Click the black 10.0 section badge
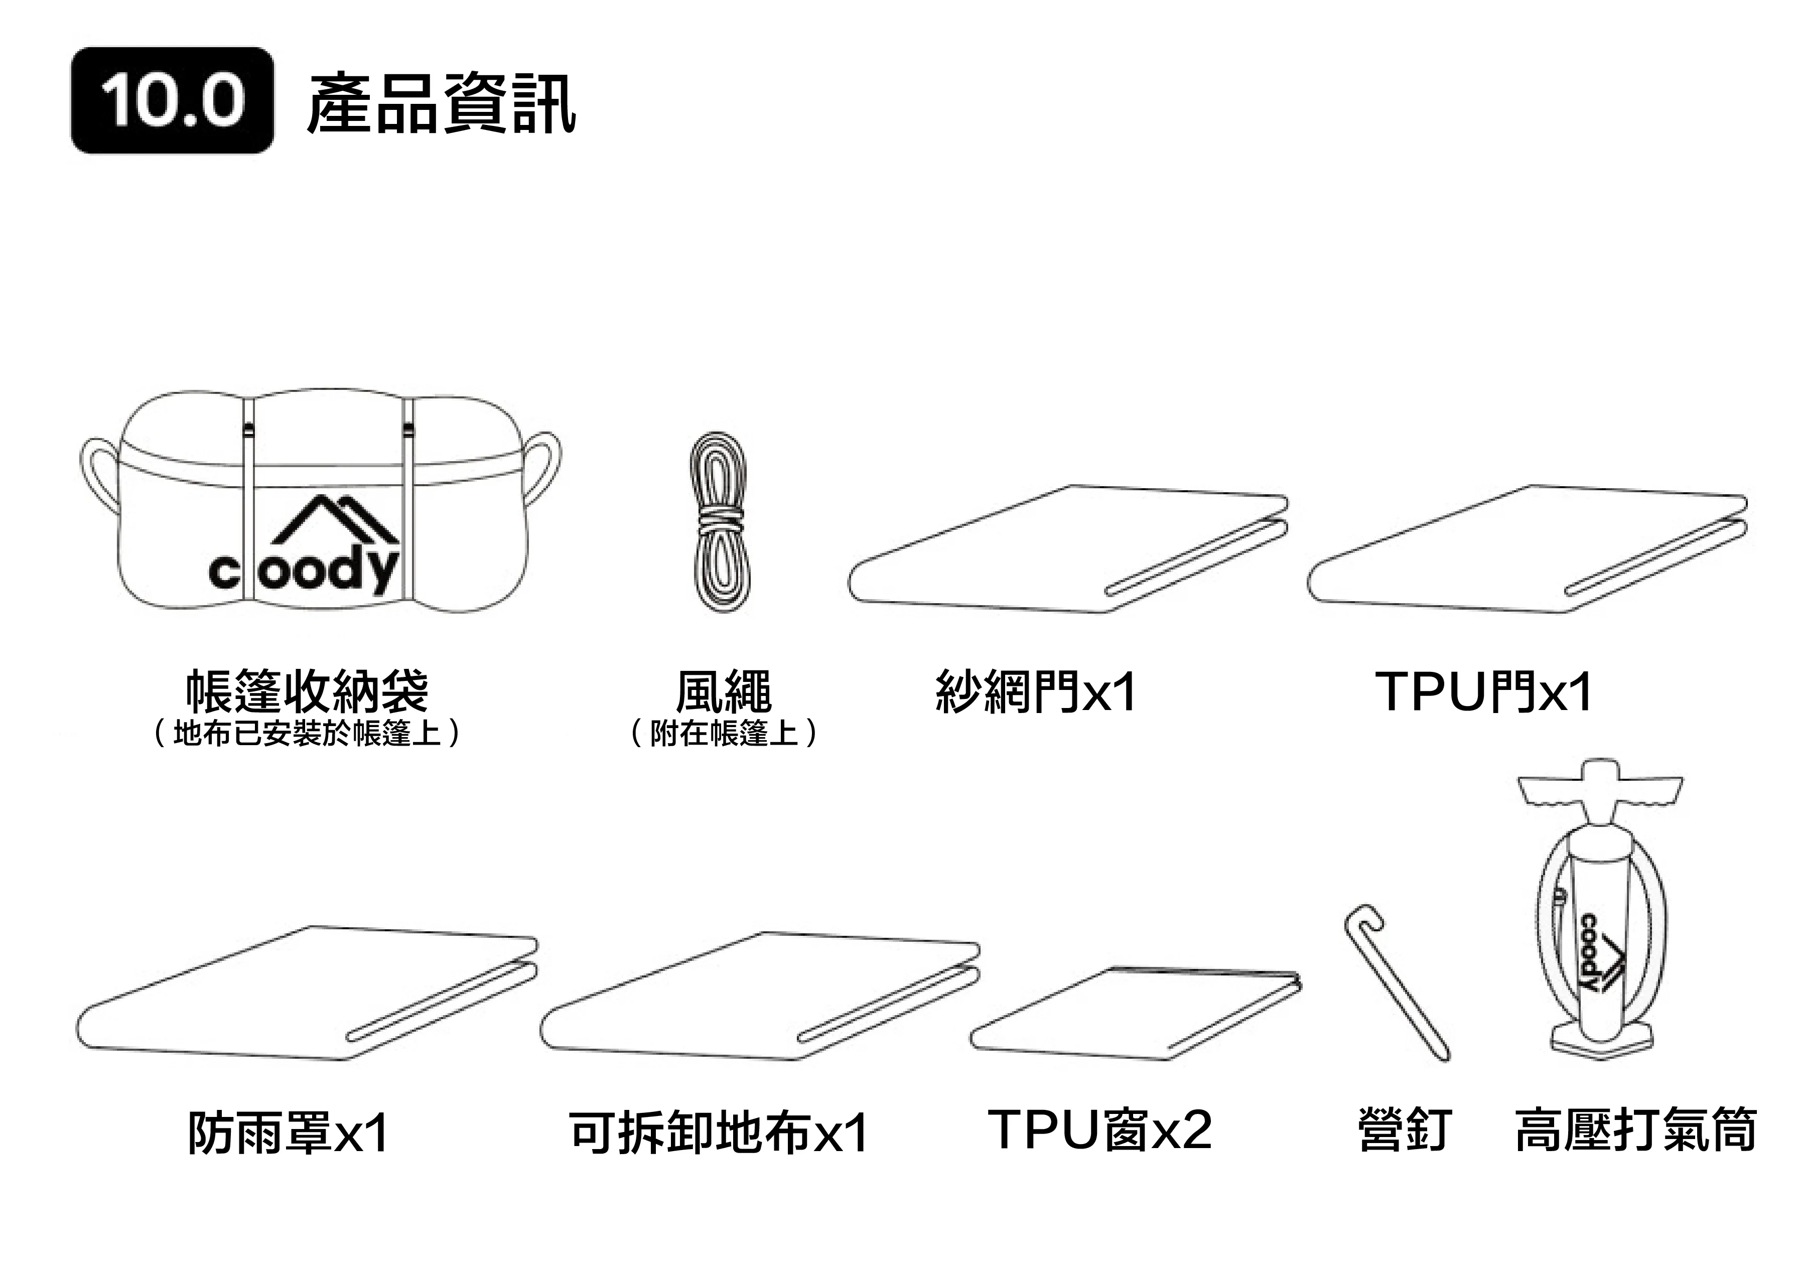click(172, 100)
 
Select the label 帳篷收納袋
click(307, 691)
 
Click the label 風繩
click(724, 691)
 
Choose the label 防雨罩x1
click(288, 1133)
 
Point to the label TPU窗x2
click(1100, 1129)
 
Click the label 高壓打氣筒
click(1636, 1129)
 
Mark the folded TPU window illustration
click(1136, 1014)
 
